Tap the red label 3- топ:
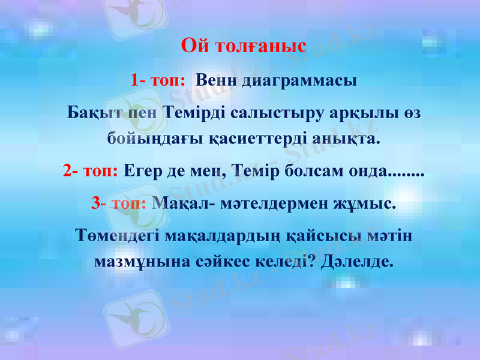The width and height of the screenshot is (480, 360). [119, 203]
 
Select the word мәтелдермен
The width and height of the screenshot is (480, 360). [263, 203]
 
